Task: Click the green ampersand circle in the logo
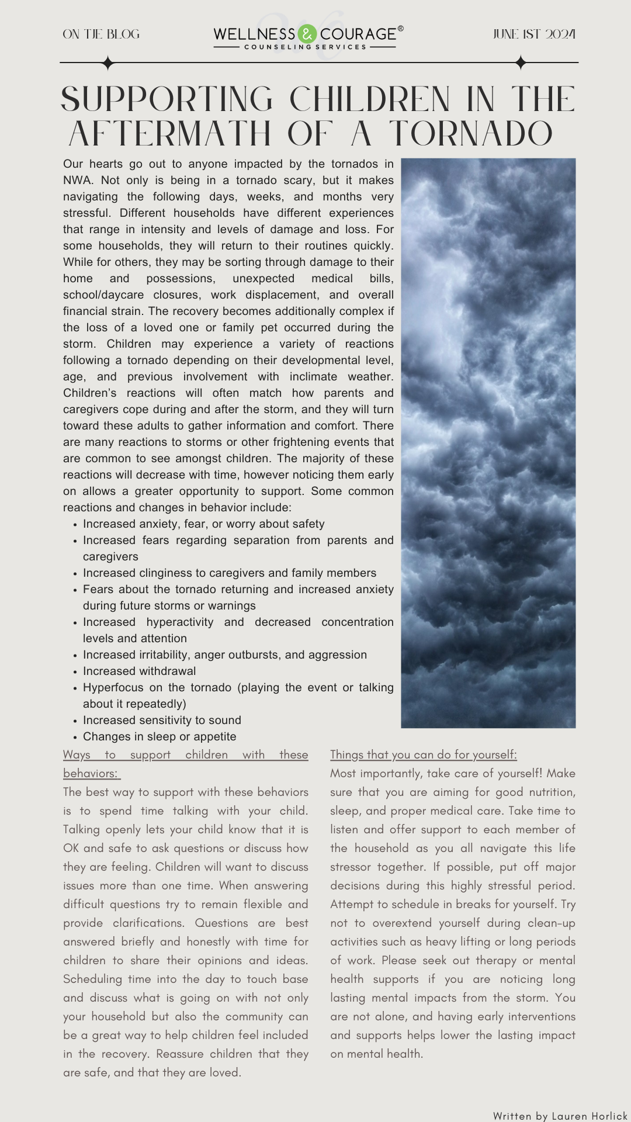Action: [x=307, y=34]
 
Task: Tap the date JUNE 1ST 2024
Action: [x=534, y=34]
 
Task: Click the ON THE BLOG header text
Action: [x=101, y=34]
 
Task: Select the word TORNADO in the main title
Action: [x=471, y=134]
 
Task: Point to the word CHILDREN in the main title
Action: [x=370, y=99]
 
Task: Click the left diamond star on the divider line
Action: [x=108, y=63]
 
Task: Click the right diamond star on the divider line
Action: [x=521, y=63]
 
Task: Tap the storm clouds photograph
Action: [x=488, y=442]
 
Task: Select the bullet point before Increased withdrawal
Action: [x=75, y=672]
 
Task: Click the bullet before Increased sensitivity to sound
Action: [x=75, y=721]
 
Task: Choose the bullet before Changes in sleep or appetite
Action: [x=75, y=737]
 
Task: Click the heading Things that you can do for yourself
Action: [x=423, y=754]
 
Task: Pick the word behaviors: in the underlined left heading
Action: [x=91, y=773]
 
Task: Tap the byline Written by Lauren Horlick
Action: [x=560, y=1116]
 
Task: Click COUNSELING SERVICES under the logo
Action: [x=305, y=47]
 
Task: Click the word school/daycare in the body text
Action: [x=103, y=295]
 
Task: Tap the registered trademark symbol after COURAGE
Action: [x=400, y=27]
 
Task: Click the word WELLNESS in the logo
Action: [x=254, y=34]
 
